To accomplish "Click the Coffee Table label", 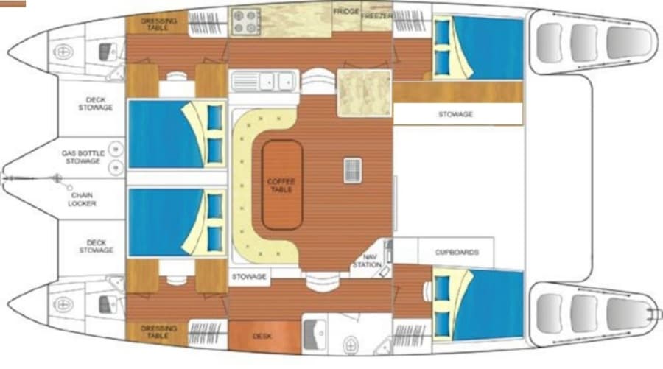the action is (281, 185).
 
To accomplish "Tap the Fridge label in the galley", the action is (346, 11).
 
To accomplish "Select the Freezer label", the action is (377, 15).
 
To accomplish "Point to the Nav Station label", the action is (367, 261).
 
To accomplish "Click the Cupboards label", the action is (457, 252).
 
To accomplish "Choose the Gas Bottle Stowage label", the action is (83, 157).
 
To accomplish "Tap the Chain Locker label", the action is (82, 199).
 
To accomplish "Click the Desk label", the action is (262, 337).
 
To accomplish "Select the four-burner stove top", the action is (245, 21).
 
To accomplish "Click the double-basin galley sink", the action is (264, 81).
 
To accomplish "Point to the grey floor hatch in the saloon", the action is (352, 170).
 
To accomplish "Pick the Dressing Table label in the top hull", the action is (158, 24).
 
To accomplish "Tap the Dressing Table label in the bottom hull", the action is (158, 331).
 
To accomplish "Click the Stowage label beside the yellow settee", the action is (249, 277).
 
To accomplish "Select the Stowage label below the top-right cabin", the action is (455, 114).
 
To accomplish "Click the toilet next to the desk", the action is (351, 345).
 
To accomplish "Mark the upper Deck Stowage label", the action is (96, 104).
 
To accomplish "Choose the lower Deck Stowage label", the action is (96, 247).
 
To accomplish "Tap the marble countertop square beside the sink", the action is (364, 93).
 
